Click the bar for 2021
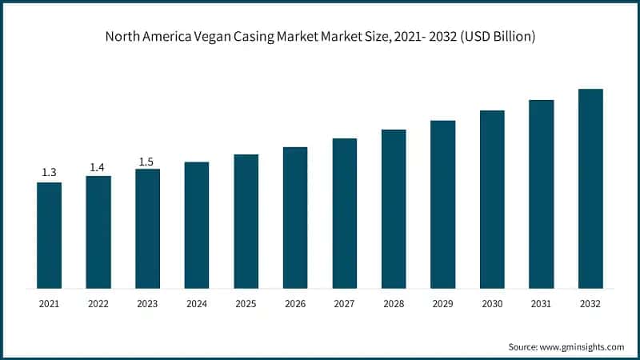(x=49, y=235)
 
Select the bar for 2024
(x=197, y=225)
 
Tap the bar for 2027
(x=344, y=213)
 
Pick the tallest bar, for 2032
(x=590, y=188)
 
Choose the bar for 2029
(x=442, y=204)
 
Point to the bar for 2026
(x=295, y=218)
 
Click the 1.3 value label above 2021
(x=49, y=173)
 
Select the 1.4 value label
(x=98, y=167)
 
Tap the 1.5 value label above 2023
(x=146, y=162)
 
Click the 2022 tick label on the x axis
(x=98, y=304)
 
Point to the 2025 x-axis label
(x=246, y=304)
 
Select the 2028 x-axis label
(x=394, y=304)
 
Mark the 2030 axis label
(x=492, y=304)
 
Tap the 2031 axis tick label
(x=542, y=304)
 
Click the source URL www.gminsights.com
(x=582, y=346)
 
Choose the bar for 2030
(x=492, y=199)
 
